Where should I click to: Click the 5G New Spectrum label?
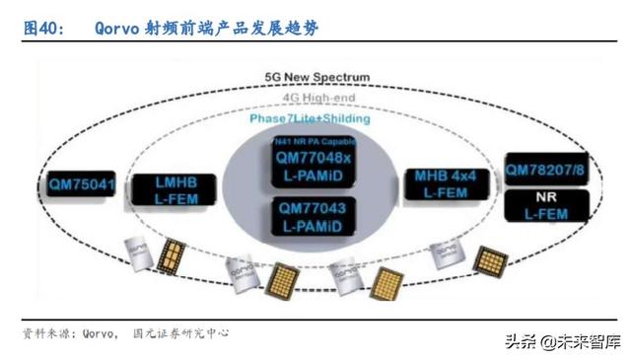pos(317,77)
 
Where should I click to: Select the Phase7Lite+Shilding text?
pos(311,118)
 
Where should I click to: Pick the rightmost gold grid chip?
pos(490,261)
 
